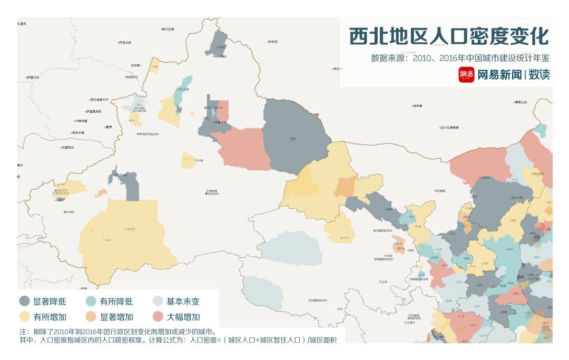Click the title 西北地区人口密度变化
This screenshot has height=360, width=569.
point(449,36)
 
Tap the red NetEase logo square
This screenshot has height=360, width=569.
point(466,75)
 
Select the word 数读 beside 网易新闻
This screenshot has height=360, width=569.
point(539,75)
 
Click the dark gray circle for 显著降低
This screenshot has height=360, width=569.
point(25,301)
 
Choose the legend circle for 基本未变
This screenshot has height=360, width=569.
point(158,301)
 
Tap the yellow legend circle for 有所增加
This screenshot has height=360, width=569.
point(25,317)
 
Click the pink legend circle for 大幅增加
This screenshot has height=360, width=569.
point(158,317)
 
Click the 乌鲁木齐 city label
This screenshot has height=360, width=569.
point(220,122)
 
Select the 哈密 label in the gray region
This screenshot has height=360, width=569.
point(293,139)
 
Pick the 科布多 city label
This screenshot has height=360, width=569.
point(273,41)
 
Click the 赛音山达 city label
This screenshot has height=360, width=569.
point(521,102)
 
